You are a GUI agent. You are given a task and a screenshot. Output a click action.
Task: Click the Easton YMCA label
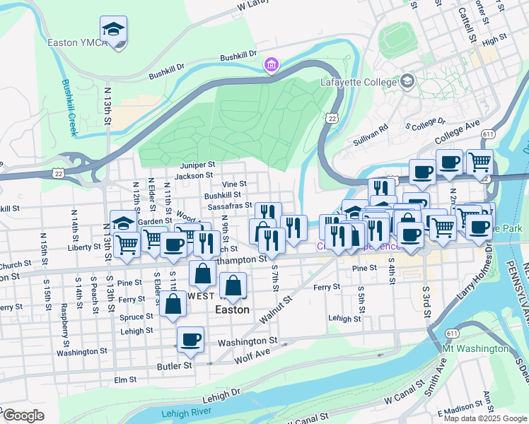coord(77,42)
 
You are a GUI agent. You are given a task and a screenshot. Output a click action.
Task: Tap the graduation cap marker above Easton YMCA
coord(113,30)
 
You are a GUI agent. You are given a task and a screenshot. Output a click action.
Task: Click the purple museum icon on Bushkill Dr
coord(270,66)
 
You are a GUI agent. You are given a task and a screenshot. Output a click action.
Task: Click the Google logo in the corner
coord(23,416)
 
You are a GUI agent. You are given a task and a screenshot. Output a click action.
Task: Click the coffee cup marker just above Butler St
coord(190,339)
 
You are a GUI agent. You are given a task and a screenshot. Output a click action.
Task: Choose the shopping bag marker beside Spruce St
coord(173,306)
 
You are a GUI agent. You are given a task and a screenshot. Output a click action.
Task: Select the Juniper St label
coord(197,163)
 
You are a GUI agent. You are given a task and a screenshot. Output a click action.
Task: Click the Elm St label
coord(124,380)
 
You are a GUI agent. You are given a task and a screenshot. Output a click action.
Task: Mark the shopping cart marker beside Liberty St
coord(127,245)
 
